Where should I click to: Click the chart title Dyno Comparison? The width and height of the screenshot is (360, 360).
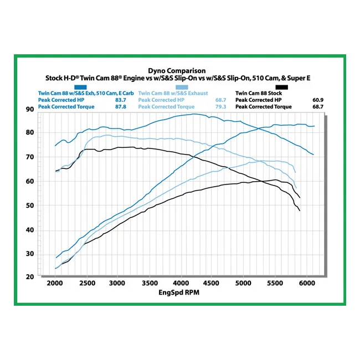[177, 70]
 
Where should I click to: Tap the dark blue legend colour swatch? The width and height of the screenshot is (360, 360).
[80, 88]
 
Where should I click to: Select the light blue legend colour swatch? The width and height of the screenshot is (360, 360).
[182, 88]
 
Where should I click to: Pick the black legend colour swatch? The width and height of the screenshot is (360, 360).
[281, 88]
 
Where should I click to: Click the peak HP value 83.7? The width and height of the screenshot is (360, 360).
[121, 100]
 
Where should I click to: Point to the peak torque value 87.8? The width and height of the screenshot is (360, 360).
[121, 107]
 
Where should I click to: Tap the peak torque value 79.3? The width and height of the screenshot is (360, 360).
[220, 107]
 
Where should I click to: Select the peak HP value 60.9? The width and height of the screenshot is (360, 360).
[318, 100]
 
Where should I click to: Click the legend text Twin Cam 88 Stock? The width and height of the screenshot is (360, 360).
[259, 93]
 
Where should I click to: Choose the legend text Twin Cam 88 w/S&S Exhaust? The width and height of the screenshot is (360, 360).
[173, 93]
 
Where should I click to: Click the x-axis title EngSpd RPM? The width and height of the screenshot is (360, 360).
[179, 292]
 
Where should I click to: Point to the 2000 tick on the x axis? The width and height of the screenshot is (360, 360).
[55, 284]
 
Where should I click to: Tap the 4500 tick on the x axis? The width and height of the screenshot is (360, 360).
[211, 284]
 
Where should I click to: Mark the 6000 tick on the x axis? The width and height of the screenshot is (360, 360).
[307, 284]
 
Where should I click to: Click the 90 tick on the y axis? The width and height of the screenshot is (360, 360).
[30, 110]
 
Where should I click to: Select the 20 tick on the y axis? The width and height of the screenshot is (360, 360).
[30, 277]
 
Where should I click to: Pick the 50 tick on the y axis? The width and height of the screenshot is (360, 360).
[30, 205]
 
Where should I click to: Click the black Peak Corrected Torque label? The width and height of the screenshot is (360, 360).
[264, 107]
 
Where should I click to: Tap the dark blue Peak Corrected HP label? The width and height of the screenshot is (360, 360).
[61, 100]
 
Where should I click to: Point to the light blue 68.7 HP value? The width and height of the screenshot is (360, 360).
[220, 100]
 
